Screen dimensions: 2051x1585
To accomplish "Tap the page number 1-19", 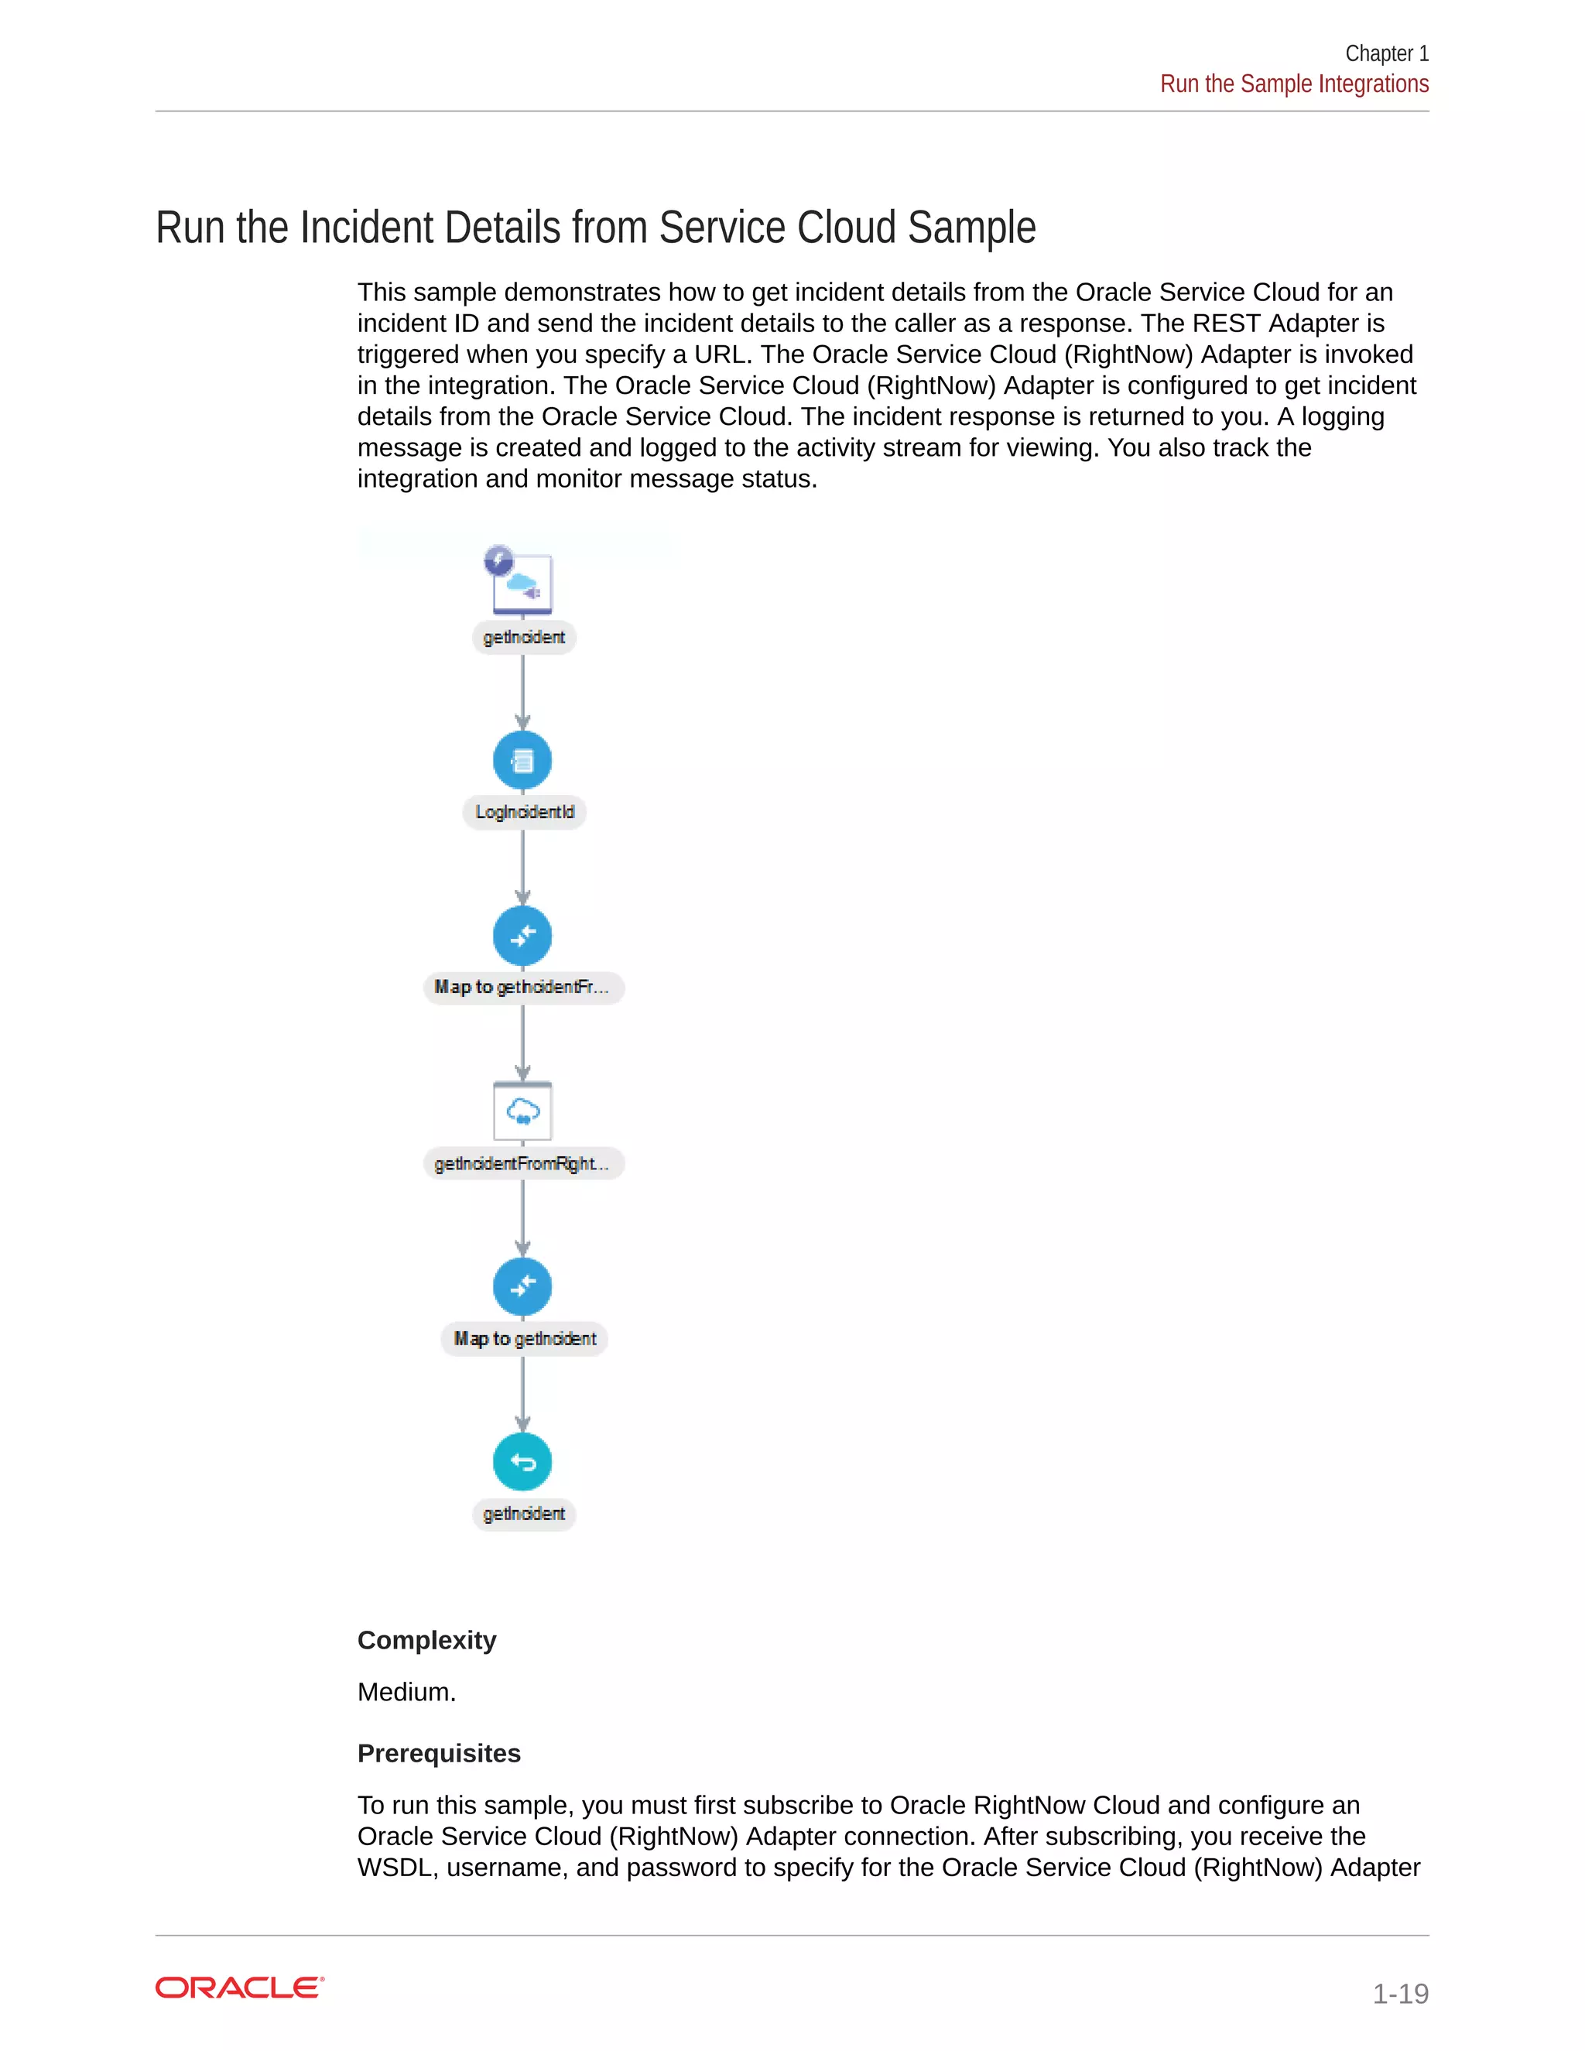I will tap(1399, 1993).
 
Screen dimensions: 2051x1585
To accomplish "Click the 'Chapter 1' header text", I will tap(1386, 53).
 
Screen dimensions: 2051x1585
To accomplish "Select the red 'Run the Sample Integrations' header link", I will tap(1294, 84).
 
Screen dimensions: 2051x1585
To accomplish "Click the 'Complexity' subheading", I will tap(426, 1640).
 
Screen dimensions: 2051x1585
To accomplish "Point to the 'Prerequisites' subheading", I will tap(439, 1753).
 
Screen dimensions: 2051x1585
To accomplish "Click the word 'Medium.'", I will tap(406, 1692).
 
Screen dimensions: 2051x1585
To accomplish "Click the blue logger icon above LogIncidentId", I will tap(522, 760).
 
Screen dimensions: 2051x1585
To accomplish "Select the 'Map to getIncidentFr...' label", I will tap(523, 988).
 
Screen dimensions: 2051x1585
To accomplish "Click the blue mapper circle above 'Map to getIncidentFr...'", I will tap(522, 936).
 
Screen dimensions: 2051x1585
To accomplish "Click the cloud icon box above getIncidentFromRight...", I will tap(522, 1112).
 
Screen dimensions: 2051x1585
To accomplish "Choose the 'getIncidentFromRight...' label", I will tap(523, 1163).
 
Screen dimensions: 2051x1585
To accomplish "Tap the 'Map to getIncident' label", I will tap(524, 1339).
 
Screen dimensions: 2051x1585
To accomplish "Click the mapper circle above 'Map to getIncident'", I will tap(522, 1286).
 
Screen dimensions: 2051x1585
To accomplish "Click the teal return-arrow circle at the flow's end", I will tap(522, 1461).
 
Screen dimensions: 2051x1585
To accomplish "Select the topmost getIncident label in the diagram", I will tap(524, 638).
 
